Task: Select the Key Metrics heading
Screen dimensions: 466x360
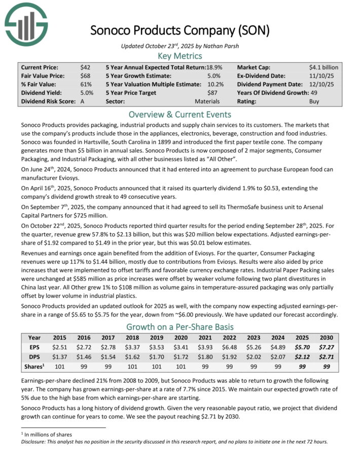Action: coord(179,56)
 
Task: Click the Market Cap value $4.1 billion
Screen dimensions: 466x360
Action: coord(323,67)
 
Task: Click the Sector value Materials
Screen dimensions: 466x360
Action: coord(207,101)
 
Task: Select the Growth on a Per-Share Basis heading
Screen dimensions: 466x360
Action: coord(179,327)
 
